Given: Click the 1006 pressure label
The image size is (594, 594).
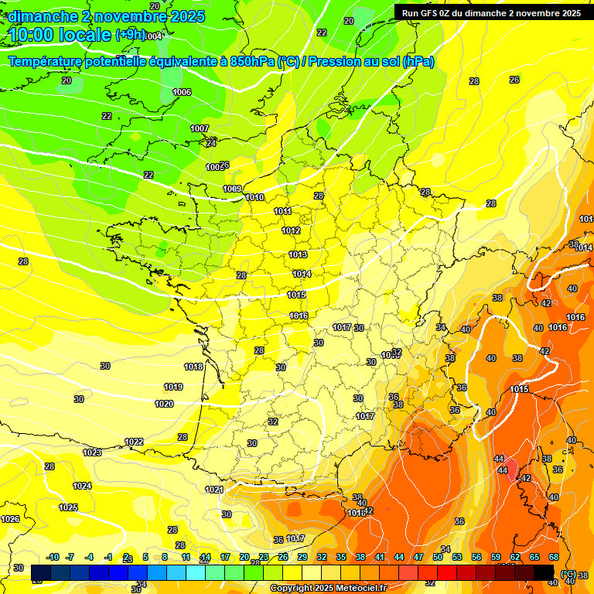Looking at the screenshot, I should tap(182, 92).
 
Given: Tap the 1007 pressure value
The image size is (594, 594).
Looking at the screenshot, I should tap(200, 128).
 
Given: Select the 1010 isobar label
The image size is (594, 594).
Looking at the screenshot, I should tap(255, 197).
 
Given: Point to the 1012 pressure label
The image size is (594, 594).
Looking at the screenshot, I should tap(291, 231).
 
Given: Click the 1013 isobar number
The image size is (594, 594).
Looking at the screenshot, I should tap(298, 254).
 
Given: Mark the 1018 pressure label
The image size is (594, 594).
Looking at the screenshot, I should tap(193, 367).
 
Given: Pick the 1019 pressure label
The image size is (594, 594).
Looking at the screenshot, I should tap(173, 387).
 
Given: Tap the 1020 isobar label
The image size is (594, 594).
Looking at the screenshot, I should tap(164, 404).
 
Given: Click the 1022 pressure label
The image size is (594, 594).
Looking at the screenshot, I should tap(134, 442).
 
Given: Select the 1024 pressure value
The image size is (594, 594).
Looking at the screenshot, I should tap(82, 486).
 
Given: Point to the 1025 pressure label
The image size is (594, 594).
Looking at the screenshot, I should tap(68, 507).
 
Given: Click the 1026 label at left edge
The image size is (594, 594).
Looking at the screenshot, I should tap(10, 519).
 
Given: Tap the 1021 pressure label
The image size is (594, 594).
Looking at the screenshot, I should tap(214, 490).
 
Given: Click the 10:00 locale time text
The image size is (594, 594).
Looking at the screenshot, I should tap(60, 35).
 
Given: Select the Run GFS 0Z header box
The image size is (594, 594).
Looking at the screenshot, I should tap(491, 13).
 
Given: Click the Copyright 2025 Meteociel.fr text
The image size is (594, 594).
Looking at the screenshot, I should tap(328, 588).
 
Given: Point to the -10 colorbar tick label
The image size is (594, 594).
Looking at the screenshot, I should tap(53, 557).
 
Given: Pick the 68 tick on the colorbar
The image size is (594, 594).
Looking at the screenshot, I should tap(554, 557).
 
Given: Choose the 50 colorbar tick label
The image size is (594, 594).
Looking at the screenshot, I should tap(438, 557).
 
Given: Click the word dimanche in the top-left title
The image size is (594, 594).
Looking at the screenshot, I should tap(43, 16).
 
